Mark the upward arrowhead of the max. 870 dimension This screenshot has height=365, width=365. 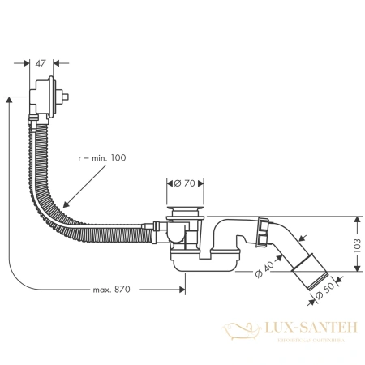point(9,99)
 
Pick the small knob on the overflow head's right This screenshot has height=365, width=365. point(73,96)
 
